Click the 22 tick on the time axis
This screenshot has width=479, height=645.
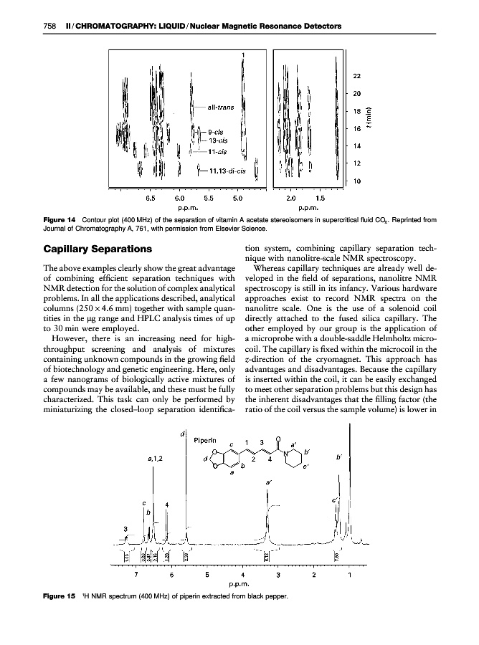coord(357,76)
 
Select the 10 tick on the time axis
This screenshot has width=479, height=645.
coord(357,181)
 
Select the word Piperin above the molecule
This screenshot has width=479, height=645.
coord(207,433)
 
